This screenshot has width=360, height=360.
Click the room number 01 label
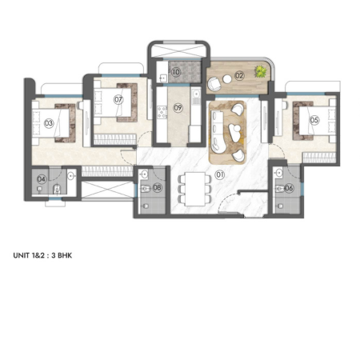pyautogui.click(x=219, y=175)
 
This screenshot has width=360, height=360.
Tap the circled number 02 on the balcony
pyautogui.click(x=239, y=76)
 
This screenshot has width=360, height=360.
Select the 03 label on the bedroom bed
pyautogui.click(x=49, y=123)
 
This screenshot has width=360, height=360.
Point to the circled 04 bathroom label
pyautogui.click(x=42, y=179)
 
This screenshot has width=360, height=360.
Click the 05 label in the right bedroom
pyautogui.click(x=314, y=120)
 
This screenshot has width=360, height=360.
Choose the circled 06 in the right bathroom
pyautogui.click(x=289, y=188)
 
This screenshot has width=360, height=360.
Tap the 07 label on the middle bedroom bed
pyautogui.click(x=118, y=100)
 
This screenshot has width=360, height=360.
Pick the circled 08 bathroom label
pyautogui.click(x=157, y=188)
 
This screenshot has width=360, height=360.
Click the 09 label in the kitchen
pyautogui.click(x=178, y=108)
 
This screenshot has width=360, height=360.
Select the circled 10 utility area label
pyautogui.click(x=176, y=72)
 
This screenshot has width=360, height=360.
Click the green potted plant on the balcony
pyautogui.click(x=260, y=71)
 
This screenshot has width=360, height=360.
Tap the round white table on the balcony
pyautogui.click(x=227, y=79)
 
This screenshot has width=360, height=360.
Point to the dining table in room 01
pyautogui.click(x=195, y=189)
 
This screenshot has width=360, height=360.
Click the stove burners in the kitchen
pyautogui.click(x=162, y=112)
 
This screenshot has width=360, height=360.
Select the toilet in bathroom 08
pyautogui.click(x=144, y=189)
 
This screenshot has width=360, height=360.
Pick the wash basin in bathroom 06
pyautogui.click(x=279, y=173)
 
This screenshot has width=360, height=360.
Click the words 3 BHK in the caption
pyautogui.click(x=62, y=255)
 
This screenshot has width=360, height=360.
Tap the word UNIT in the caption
pyautogui.click(x=21, y=255)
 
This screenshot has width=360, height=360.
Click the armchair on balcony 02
pyautogui.click(x=214, y=84)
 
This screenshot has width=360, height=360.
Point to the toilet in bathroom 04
pyautogui.click(x=57, y=189)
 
